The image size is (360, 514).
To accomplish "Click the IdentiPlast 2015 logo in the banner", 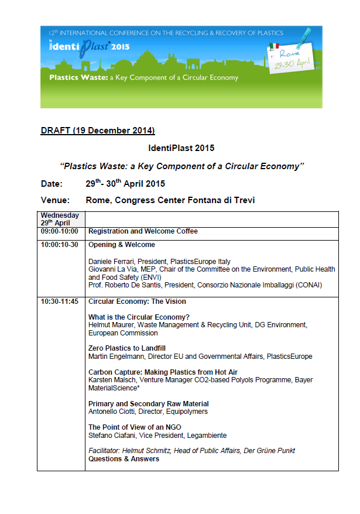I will [89, 46].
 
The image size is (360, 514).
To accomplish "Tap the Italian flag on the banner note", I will [274, 46].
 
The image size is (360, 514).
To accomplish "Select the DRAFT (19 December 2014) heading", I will [98, 130].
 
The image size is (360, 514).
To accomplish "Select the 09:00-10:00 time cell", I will [61, 231].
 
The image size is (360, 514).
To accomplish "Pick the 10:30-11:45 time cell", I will [61, 301].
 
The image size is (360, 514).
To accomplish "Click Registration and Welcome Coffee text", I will [143, 231].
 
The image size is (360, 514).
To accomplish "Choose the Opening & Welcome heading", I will [122, 245].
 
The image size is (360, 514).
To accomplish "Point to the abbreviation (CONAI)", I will [304, 285].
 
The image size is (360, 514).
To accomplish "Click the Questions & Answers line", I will [124, 459].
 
